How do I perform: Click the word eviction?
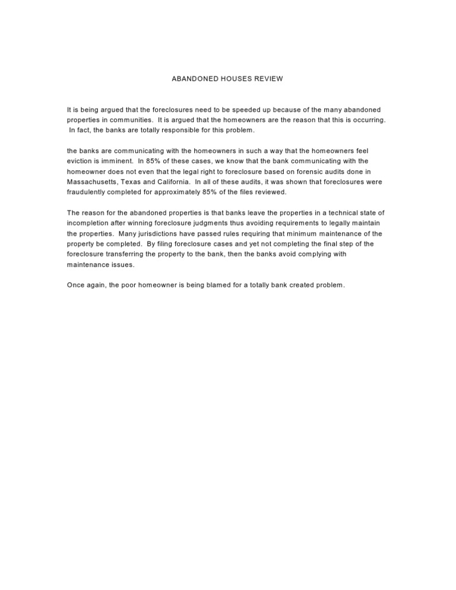pos(81,161)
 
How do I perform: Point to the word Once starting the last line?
pos(76,286)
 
